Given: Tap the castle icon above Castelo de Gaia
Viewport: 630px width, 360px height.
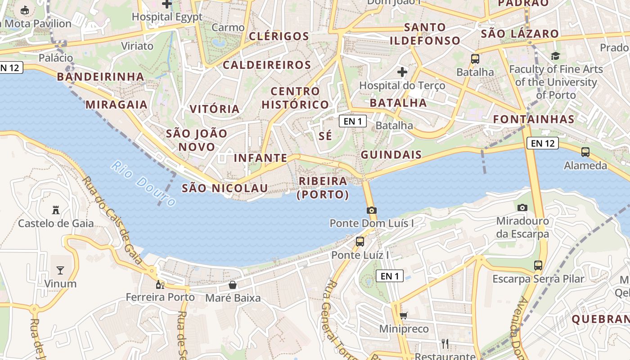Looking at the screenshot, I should click(x=56, y=210).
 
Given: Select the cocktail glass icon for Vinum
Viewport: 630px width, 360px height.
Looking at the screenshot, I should click(x=60, y=270).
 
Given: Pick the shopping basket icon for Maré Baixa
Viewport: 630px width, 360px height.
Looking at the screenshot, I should click(x=233, y=284).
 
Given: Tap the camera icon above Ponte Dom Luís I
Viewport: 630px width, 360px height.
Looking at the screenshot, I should click(x=371, y=210).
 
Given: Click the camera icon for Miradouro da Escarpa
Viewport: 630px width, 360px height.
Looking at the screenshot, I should click(x=522, y=207).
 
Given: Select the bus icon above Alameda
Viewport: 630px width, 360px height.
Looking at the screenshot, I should click(x=585, y=152).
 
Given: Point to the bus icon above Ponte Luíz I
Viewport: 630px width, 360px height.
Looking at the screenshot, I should click(x=360, y=241).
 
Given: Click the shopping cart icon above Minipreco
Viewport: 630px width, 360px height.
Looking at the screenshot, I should click(x=404, y=315).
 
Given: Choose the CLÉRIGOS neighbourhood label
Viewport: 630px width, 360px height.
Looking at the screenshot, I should click(x=279, y=36).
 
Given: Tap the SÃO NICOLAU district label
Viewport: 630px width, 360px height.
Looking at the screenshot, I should click(x=225, y=188).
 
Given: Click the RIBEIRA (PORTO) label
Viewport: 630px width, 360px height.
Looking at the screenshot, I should click(x=323, y=188).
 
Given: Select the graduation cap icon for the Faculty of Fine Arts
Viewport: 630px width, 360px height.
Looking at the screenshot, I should click(x=555, y=56).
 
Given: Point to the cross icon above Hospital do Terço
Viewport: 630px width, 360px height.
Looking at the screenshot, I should click(x=402, y=72).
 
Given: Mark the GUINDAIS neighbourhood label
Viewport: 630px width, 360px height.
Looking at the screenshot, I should click(x=391, y=155).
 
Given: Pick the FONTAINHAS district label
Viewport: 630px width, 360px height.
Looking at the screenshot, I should click(x=534, y=119).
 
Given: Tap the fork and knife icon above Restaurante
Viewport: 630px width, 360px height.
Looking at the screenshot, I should click(x=445, y=344).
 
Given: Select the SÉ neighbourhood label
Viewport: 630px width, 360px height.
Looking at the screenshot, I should click(x=325, y=135).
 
